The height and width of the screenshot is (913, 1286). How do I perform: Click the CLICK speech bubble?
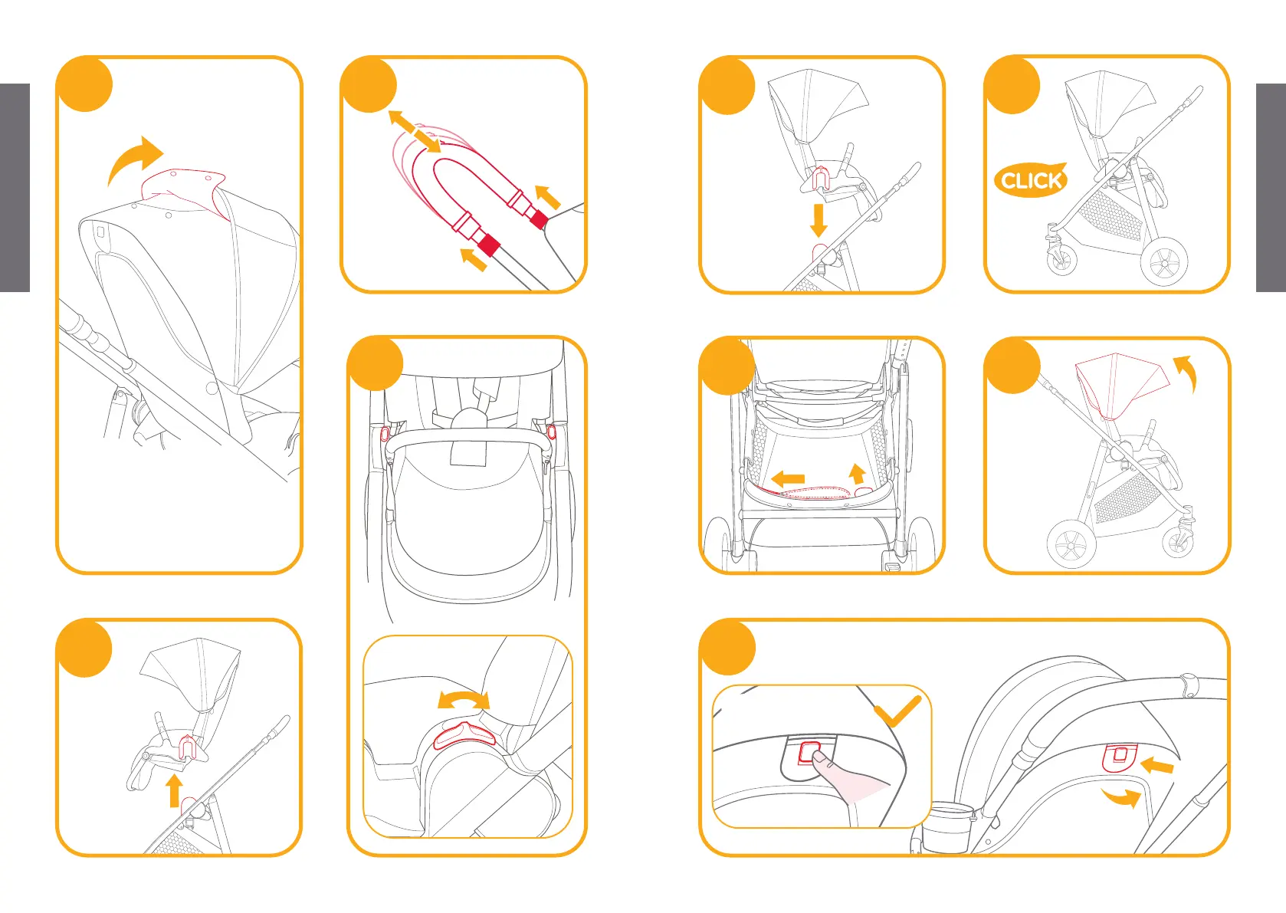pyautogui.click(x=1030, y=180)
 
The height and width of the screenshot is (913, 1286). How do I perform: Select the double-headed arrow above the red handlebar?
pyautogui.click(x=415, y=131)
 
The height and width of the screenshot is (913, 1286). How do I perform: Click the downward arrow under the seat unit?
pyautogui.click(x=819, y=219)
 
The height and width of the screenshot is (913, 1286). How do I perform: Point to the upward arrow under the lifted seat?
pyautogui.click(x=175, y=790)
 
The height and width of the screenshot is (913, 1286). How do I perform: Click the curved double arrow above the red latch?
pyautogui.click(x=464, y=699)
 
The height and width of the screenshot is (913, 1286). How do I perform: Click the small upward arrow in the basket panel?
pyautogui.click(x=858, y=472)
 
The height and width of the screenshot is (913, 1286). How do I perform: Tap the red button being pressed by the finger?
pyautogui.click(x=809, y=752)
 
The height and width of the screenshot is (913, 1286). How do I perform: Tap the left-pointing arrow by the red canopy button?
pyautogui.click(x=1157, y=765)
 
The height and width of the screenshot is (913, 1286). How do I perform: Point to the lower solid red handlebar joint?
pyautogui.click(x=488, y=246)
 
